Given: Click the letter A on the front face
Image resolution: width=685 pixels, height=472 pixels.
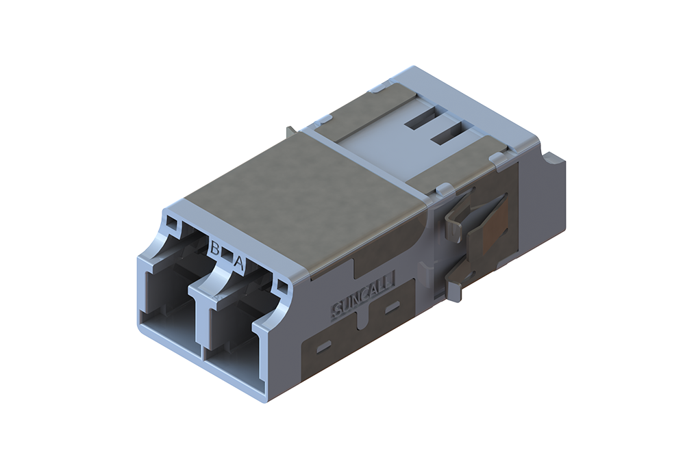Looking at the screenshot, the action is click(x=238, y=261).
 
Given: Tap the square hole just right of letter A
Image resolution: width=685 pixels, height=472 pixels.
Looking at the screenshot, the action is click(x=283, y=286).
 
